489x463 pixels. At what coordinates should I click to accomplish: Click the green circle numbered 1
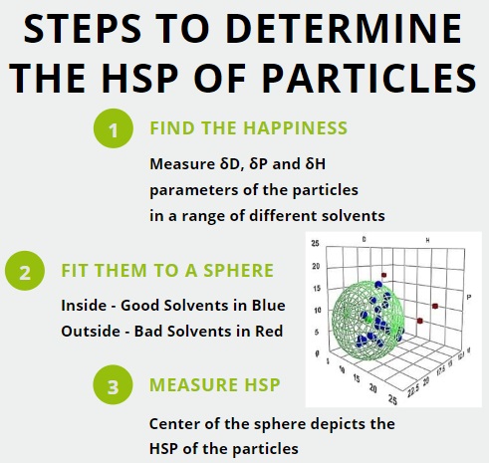click(x=114, y=129)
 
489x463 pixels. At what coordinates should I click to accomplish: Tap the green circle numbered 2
click(x=26, y=271)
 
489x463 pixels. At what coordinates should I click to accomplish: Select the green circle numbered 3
click(x=115, y=384)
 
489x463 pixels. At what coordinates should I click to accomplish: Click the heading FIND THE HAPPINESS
click(x=248, y=128)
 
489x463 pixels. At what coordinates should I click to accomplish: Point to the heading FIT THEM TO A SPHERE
click(x=167, y=271)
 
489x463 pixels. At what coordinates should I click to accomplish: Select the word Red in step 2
click(x=266, y=331)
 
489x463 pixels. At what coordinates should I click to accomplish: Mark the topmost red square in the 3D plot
click(x=383, y=273)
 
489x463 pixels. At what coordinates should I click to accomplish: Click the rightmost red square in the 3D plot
click(x=435, y=304)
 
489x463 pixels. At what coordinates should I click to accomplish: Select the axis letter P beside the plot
click(x=468, y=296)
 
